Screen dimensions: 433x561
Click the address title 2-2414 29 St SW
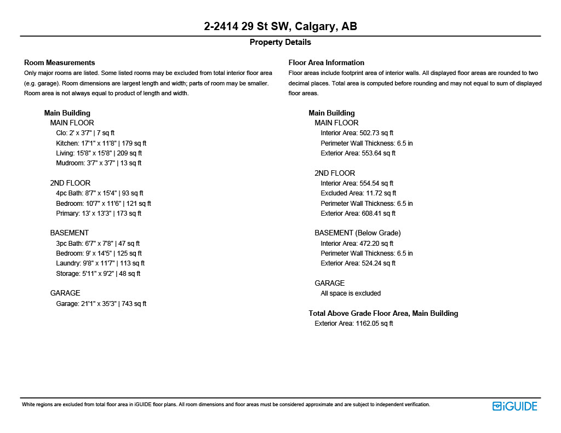click(x=280, y=26)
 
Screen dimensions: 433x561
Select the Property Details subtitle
click(x=280, y=42)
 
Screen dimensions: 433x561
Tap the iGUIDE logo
click(x=514, y=406)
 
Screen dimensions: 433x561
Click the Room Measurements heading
click(x=59, y=62)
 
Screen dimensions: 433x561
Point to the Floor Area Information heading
click(x=326, y=62)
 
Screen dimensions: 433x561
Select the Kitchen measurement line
click(x=101, y=143)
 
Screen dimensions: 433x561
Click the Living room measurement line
click(x=99, y=153)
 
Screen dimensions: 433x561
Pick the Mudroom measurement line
click(x=99, y=163)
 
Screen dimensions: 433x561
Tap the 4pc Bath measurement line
click(x=100, y=193)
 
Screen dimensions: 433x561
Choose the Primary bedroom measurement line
click(x=99, y=213)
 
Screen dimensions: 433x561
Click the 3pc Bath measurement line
click(x=98, y=243)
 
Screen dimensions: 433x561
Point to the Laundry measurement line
click(x=100, y=263)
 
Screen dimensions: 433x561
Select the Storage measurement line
click(x=98, y=273)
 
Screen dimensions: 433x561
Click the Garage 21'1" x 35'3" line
click(x=101, y=303)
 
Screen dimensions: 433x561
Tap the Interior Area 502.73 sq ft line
click(x=357, y=133)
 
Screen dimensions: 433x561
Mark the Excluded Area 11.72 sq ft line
click(x=358, y=193)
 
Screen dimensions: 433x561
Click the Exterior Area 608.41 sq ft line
click(x=358, y=213)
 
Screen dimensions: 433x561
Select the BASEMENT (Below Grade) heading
click(x=357, y=233)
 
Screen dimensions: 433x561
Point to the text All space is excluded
click(x=351, y=293)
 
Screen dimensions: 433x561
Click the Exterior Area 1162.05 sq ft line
click(x=353, y=324)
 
